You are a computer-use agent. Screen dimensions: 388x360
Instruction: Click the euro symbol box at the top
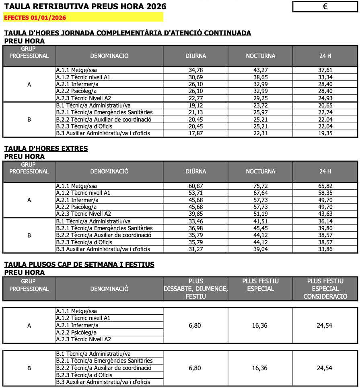pyautogui.click(x=325, y=6)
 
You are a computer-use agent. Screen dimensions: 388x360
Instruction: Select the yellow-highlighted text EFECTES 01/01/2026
pyautogui.click(x=35, y=18)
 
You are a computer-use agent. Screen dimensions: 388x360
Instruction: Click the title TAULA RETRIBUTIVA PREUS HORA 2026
pyautogui.click(x=85, y=6)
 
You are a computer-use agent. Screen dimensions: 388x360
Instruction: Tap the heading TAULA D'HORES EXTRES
pyautogui.click(x=46, y=149)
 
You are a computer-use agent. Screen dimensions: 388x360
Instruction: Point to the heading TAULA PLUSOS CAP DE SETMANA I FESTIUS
pyautogui.click(x=79, y=264)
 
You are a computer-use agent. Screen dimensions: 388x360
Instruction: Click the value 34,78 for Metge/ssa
pyautogui.click(x=195, y=70)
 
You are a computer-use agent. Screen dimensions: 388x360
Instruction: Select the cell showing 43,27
pyautogui.click(x=260, y=70)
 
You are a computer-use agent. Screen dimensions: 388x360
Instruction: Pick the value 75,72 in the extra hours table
pyautogui.click(x=260, y=186)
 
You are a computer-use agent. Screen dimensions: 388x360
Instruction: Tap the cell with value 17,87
pyautogui.click(x=195, y=133)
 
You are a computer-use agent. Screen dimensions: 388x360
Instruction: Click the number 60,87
pyautogui.click(x=195, y=186)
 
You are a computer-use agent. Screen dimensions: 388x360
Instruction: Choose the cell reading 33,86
pyautogui.click(x=325, y=249)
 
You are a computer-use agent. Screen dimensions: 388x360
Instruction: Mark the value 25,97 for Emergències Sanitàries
pyautogui.click(x=260, y=112)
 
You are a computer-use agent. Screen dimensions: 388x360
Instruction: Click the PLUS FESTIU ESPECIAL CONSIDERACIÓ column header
pyautogui.click(x=325, y=289)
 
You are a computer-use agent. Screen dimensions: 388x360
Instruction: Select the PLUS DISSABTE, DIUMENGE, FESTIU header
pyautogui.click(x=195, y=289)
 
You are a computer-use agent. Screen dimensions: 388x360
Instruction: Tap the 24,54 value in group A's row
pyautogui.click(x=325, y=325)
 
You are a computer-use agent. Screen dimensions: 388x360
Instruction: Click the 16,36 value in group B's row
pyautogui.click(x=260, y=368)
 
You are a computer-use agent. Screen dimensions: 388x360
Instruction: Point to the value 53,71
pyautogui.click(x=195, y=193)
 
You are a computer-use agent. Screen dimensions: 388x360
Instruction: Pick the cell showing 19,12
pyautogui.click(x=195, y=105)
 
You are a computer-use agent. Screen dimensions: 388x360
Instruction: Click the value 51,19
pyautogui.click(x=260, y=214)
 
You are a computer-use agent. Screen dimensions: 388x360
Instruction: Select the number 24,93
pyautogui.click(x=325, y=98)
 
